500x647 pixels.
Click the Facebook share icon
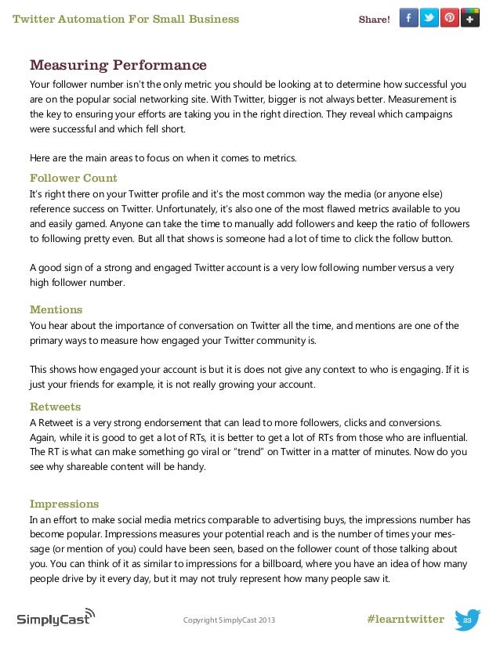pos(408,18)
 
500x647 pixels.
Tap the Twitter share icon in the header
pos(429,18)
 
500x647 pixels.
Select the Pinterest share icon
pos(449,18)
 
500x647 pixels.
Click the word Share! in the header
pos(374,19)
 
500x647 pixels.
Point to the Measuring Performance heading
pos(118,65)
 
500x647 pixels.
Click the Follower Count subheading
pos(73,178)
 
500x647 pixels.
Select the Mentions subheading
pos(56,309)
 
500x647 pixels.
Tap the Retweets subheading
pos(55,407)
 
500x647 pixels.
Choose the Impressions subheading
pos(64,504)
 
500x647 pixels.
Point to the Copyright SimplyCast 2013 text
pos(229,620)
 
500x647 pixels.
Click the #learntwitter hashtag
pos(404,620)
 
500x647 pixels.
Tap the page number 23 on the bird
pos(467,620)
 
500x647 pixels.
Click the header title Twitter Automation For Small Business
pos(126,19)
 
